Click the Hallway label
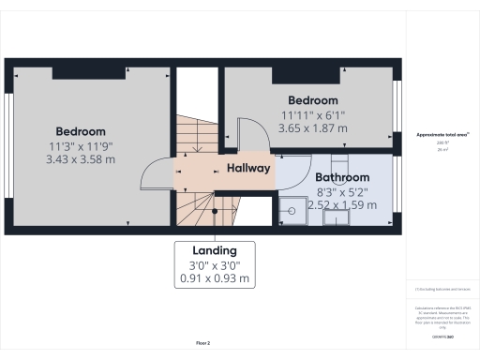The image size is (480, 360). click(248, 169)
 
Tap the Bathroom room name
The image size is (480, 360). click(341, 176)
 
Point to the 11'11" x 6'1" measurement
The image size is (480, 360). click(312, 115)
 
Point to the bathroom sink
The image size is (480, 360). click(336, 217)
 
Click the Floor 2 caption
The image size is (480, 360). click(202, 344)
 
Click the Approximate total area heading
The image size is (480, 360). click(442, 135)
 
